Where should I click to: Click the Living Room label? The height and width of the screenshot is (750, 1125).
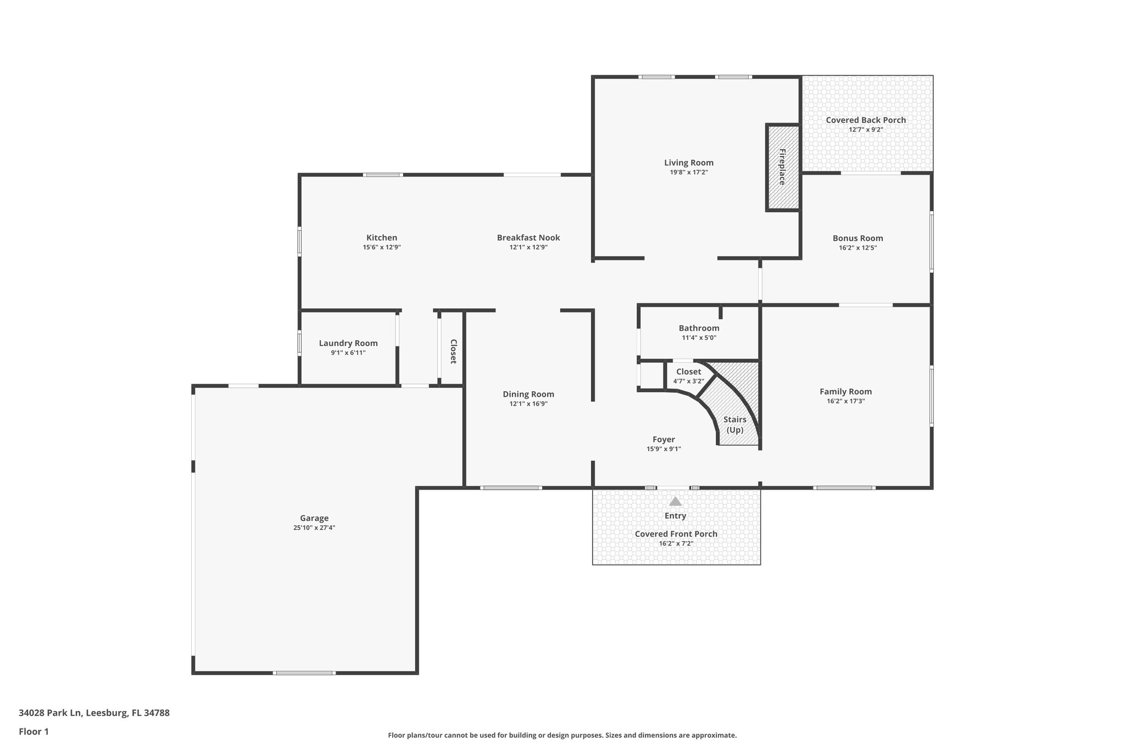(x=688, y=163)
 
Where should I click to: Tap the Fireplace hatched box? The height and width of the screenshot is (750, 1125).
(x=782, y=167)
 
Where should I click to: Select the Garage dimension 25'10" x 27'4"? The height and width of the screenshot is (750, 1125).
(x=314, y=527)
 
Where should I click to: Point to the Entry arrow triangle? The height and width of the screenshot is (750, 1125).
(x=675, y=502)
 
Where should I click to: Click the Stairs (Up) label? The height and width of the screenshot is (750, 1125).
(x=734, y=424)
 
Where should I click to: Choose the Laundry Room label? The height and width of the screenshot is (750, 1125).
(x=348, y=343)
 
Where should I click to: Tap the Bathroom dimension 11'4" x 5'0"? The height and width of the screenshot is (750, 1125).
(x=699, y=338)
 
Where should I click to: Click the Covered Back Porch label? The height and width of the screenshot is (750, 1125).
(x=866, y=120)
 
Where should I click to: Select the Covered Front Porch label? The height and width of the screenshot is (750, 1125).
(x=676, y=534)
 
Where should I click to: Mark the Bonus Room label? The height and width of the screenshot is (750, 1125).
(x=857, y=238)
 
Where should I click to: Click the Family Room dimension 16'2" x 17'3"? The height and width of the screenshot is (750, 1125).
(x=845, y=401)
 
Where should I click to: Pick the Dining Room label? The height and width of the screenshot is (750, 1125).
(x=528, y=394)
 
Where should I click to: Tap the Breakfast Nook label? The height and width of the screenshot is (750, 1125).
(x=528, y=237)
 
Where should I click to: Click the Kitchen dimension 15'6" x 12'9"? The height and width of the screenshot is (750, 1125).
(x=381, y=247)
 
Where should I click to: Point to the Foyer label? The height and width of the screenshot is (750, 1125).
(x=664, y=440)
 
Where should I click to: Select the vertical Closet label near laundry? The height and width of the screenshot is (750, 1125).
(x=453, y=352)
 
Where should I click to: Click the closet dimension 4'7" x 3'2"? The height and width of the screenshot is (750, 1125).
(x=688, y=381)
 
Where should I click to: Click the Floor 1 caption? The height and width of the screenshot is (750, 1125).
(x=34, y=731)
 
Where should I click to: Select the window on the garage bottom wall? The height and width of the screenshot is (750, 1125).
(x=304, y=673)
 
